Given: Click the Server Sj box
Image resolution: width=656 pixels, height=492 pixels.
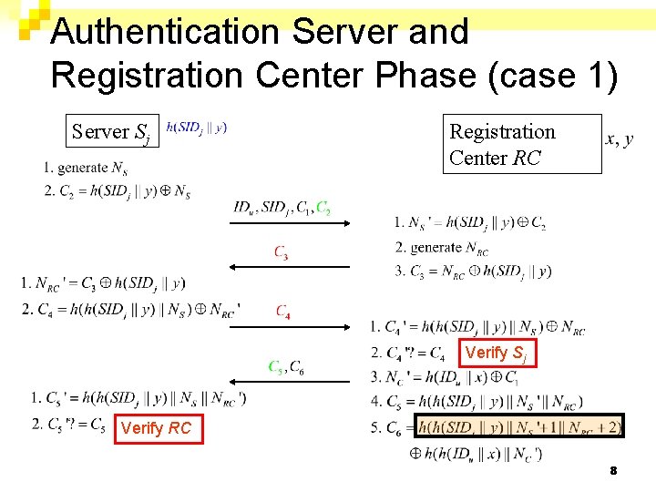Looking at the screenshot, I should [x=111, y=131].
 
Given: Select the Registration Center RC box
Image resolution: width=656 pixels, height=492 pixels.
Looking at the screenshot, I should [x=522, y=144].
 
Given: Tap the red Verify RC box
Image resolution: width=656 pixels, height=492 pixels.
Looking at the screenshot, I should [x=156, y=428].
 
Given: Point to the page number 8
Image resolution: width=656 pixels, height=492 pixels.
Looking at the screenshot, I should [x=613, y=470].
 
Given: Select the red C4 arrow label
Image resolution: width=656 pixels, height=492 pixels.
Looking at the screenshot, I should [x=283, y=312].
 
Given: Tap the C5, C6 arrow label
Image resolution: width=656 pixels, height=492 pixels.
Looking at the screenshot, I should [x=286, y=366].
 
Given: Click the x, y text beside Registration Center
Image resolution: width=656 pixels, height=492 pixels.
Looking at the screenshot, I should [x=620, y=138].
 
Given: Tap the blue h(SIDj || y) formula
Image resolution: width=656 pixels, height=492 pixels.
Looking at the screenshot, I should [x=197, y=128].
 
